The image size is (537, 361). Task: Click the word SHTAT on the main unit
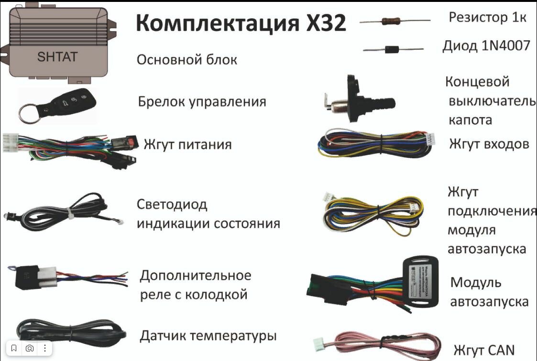[57, 57]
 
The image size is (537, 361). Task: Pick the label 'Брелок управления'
[202, 102]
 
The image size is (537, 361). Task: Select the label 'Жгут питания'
[187, 144]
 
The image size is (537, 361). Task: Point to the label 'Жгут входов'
[489, 144]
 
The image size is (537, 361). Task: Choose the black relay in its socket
[27, 277]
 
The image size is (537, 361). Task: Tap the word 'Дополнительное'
[195, 276]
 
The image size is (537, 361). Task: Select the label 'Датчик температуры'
[208, 336]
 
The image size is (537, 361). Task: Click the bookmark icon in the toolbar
[14, 348]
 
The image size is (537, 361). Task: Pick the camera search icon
[30, 348]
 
